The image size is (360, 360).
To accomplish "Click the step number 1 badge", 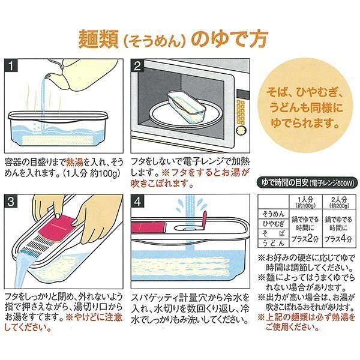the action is [x=11, y=65].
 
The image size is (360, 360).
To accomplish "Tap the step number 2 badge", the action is [x=137, y=66].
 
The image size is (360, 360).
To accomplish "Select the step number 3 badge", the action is [x=11, y=202].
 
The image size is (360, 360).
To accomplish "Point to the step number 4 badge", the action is [x=137, y=202].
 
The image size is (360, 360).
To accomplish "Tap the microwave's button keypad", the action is [x=241, y=112].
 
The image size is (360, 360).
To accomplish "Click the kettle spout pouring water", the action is [x=49, y=76].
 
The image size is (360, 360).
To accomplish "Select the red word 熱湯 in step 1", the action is [x=74, y=163].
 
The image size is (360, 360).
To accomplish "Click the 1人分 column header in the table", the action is [x=305, y=202].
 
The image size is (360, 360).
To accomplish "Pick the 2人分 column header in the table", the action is [x=339, y=202].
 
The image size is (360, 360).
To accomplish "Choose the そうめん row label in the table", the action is [x=274, y=214].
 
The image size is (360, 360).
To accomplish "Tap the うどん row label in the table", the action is [x=274, y=243].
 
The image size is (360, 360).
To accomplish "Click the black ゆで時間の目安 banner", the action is [x=307, y=183].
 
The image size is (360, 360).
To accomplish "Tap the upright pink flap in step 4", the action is [x=204, y=220].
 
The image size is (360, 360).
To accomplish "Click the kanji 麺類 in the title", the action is [x=98, y=39].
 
